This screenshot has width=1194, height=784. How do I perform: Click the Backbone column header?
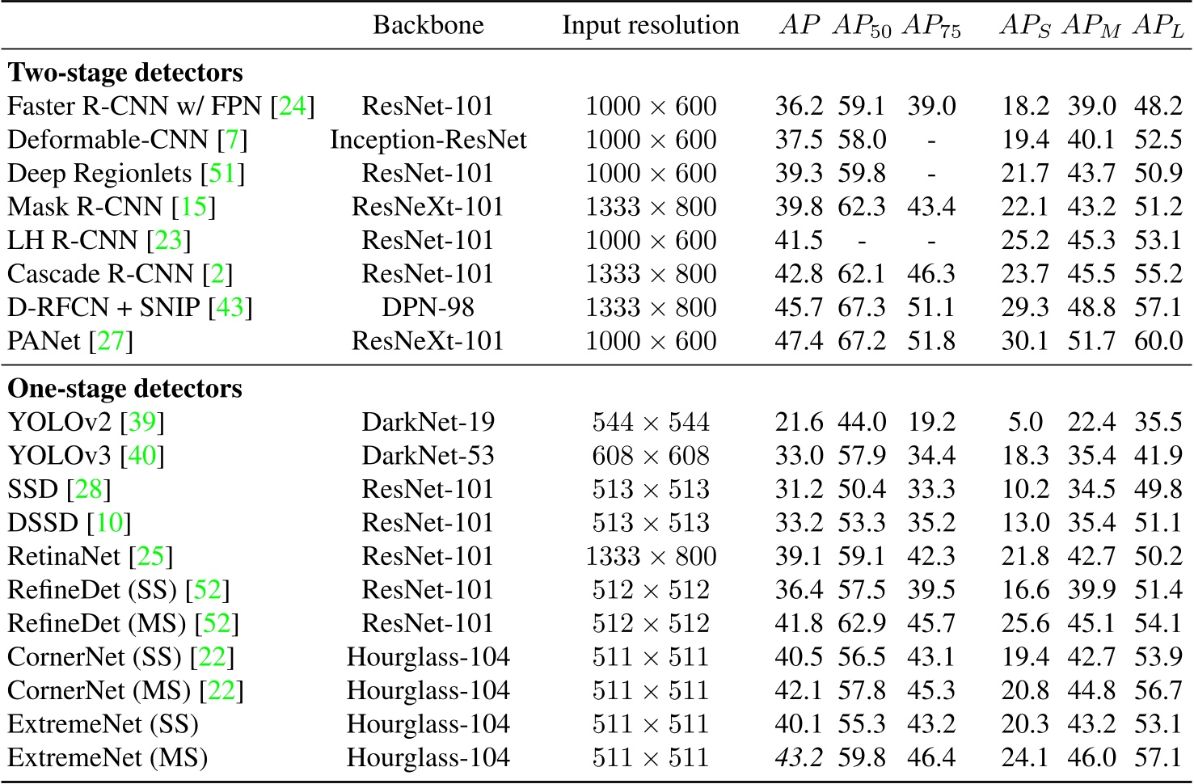(428, 25)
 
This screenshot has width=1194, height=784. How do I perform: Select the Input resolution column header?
(650, 25)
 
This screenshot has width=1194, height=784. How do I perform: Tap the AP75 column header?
(931, 27)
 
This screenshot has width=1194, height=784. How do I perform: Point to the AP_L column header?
(1158, 27)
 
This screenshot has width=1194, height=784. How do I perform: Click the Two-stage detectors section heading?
(125, 73)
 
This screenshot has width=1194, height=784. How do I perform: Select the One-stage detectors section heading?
(124, 389)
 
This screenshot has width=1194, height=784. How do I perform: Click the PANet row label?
(44, 341)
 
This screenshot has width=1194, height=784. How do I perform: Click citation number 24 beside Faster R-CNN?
(293, 106)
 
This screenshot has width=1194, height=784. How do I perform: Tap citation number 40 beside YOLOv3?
(142, 456)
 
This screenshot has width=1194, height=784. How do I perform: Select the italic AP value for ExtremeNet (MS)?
(798, 758)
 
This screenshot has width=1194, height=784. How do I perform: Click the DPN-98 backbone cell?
(428, 308)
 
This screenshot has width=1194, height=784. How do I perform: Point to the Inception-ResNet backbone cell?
(428, 140)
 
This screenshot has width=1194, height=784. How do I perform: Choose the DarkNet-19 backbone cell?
(428, 422)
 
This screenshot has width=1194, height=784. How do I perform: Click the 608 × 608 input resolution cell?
(650, 456)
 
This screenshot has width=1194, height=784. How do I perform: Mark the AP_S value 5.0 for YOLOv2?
(1025, 422)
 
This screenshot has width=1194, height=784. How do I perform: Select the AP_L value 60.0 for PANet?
(1158, 341)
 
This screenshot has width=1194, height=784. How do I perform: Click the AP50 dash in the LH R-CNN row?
(862, 241)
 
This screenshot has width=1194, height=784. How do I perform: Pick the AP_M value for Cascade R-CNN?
(1091, 274)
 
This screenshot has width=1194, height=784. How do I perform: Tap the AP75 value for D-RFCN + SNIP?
(931, 308)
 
